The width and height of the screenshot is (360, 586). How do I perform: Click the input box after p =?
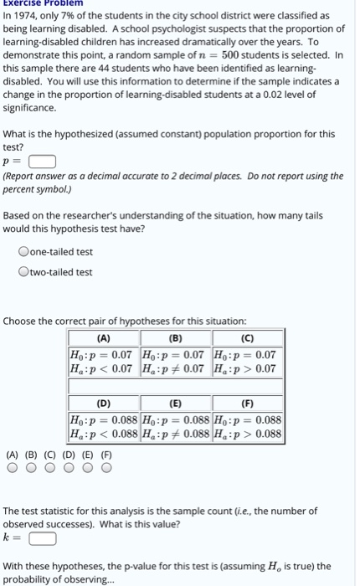click(44, 162)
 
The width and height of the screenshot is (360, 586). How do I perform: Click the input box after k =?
click(44, 538)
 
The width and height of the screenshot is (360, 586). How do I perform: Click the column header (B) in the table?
click(177, 340)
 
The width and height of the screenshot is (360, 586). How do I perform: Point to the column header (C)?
click(249, 340)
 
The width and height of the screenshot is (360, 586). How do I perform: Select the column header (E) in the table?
click(177, 402)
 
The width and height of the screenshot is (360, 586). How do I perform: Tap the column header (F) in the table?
click(249, 402)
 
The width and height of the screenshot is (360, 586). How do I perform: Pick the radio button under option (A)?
click(12, 469)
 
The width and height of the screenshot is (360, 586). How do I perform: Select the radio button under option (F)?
click(106, 469)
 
